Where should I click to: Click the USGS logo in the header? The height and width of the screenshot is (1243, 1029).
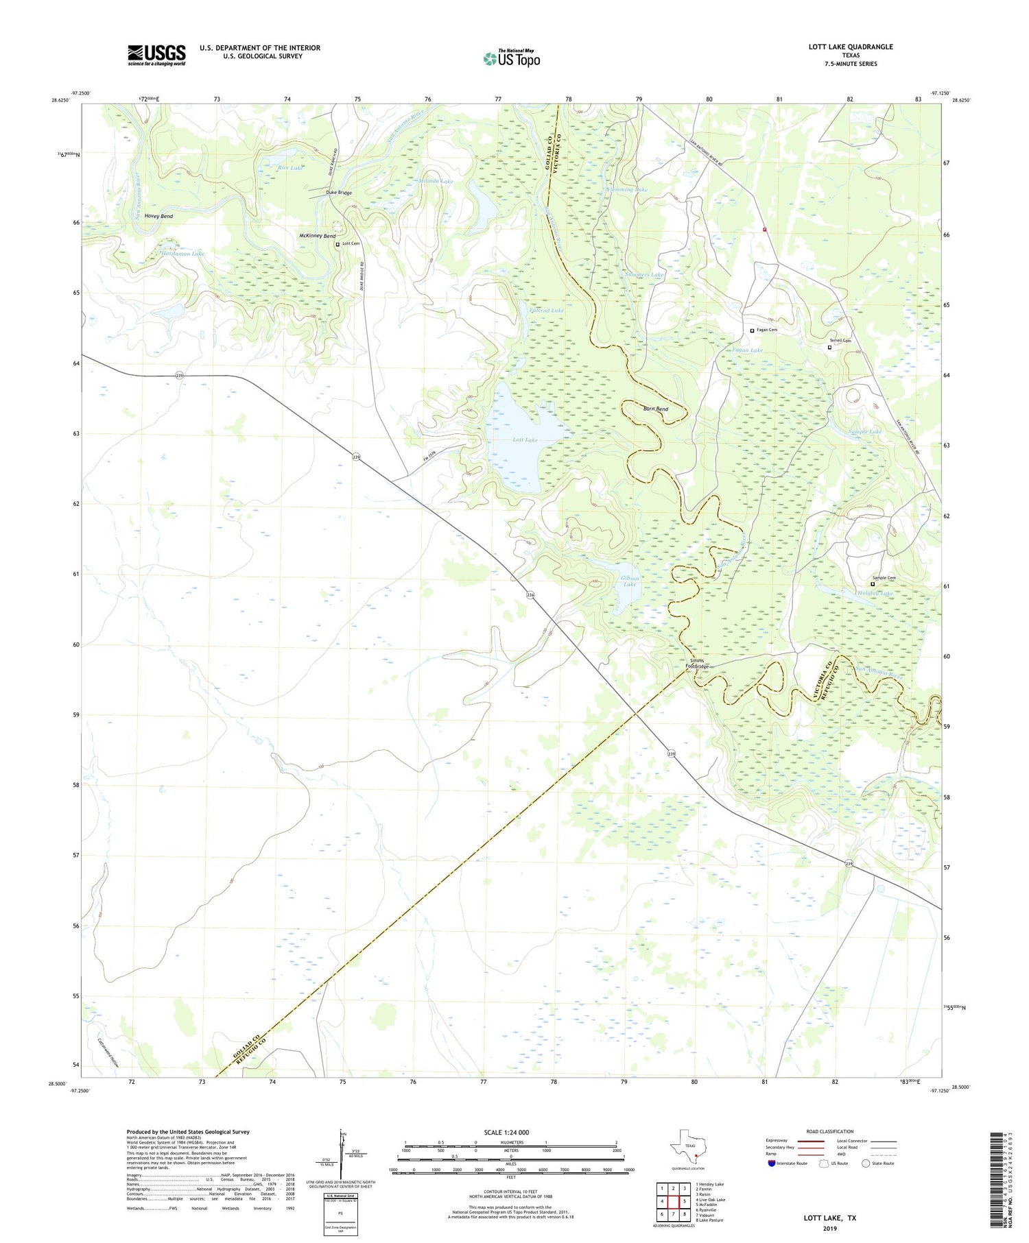click(156, 55)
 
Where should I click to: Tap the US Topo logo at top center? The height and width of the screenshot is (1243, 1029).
click(511, 58)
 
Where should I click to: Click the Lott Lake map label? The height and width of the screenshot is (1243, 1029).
click(525, 439)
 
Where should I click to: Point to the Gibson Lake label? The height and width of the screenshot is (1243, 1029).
click(629, 581)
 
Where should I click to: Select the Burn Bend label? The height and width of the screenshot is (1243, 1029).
click(655, 409)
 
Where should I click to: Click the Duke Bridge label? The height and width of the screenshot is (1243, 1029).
click(339, 193)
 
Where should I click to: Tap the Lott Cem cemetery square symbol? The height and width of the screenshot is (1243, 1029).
click(337, 244)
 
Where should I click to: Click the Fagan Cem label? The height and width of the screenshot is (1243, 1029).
click(767, 330)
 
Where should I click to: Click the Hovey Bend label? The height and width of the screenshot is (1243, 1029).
click(158, 216)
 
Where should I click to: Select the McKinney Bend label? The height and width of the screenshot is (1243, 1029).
click(317, 236)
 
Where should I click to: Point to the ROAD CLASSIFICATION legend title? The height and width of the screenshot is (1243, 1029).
click(830, 1131)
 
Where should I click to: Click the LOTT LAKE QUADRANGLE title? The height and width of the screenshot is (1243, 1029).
click(851, 47)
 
